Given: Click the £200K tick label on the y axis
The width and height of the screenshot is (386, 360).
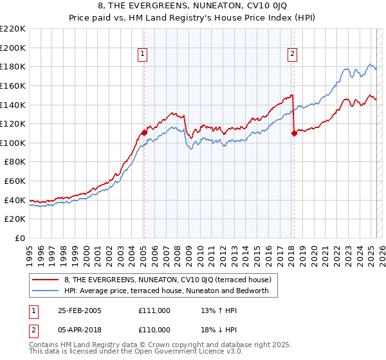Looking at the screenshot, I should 14,48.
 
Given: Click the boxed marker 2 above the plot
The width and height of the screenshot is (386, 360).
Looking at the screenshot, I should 292,54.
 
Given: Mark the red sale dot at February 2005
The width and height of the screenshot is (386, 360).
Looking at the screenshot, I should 144,132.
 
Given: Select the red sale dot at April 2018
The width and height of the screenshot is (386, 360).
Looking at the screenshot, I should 294,134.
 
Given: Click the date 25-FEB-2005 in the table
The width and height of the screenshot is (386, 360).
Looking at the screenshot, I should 80,310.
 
